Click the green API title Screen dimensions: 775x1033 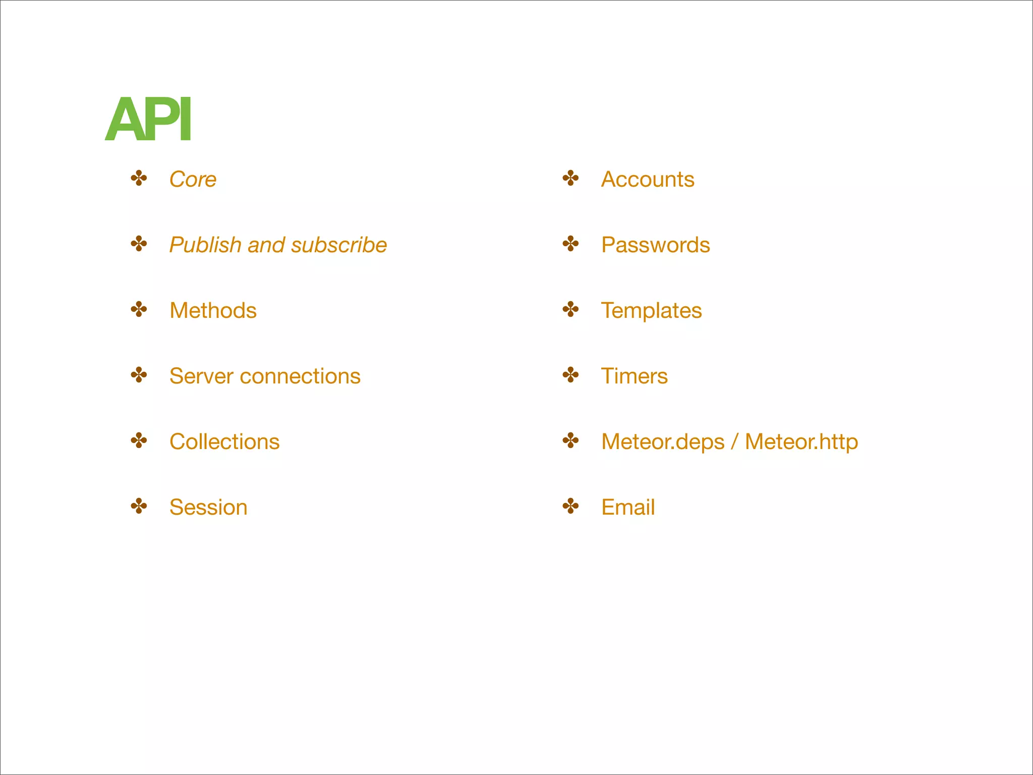coord(148,120)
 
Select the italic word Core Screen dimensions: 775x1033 coord(193,179)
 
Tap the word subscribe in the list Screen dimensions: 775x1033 coord(338,245)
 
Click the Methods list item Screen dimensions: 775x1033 coord(213,310)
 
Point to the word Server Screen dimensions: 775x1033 coord(201,376)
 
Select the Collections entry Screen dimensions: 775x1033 coord(224,441)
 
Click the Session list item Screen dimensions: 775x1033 coord(208,507)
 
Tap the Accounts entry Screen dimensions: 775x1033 coord(648,179)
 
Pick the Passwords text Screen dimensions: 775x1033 coord(655,245)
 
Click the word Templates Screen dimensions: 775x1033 coord(651,310)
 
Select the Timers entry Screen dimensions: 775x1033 coord(634,376)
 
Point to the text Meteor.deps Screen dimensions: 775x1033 coord(663,441)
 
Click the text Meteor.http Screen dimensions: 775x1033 coord(801,441)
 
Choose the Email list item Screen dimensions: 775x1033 coord(628,507)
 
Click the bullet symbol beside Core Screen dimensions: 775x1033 coord(139,178)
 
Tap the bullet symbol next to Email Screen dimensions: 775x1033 coord(570,506)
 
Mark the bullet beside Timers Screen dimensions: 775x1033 coord(570,375)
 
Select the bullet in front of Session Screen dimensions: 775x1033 coord(139,506)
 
